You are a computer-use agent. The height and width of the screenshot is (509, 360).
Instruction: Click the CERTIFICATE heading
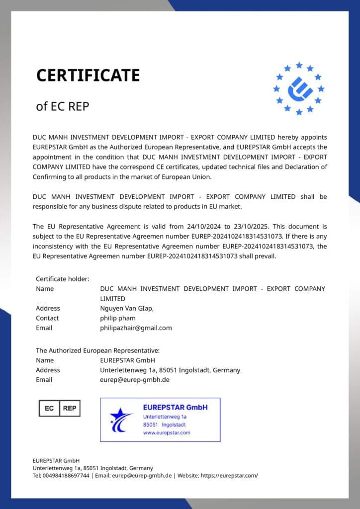point(88,76)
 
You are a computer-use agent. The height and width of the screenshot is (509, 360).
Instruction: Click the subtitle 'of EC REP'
point(63,106)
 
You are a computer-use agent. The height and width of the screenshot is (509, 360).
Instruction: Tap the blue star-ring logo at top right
point(299,88)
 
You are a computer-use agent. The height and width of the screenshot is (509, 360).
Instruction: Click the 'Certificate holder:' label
point(62,279)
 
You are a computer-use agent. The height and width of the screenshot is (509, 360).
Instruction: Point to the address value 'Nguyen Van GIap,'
point(127,308)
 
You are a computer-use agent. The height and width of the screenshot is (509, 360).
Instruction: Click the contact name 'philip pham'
point(117,318)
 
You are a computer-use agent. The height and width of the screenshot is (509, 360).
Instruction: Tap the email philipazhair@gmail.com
point(136,328)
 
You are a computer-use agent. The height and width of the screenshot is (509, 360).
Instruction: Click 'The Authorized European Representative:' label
point(97,350)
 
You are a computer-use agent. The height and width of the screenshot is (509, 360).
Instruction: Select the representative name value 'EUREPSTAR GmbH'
point(127,360)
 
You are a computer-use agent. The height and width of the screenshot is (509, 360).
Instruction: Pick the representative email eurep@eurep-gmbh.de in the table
point(135,380)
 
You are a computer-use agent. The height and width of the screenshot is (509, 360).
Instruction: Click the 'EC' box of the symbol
point(49,408)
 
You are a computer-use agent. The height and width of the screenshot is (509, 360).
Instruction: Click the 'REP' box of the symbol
point(70,408)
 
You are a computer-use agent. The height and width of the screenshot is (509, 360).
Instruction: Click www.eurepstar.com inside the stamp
point(167,433)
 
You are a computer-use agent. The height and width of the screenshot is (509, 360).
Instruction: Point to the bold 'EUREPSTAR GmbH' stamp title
point(175,407)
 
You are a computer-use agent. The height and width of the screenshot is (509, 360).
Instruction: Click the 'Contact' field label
point(47,318)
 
